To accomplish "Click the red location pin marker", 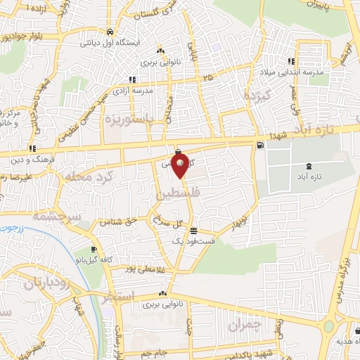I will point(181,166).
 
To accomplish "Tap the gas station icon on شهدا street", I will point(261,146).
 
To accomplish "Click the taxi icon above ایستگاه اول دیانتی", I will point(110,32).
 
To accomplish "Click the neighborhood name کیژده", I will point(251,95).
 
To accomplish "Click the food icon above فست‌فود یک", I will point(193,231).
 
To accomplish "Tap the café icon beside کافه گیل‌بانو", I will point(94,250).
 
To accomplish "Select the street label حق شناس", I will point(115,222).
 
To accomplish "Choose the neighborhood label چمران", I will point(244,325).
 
